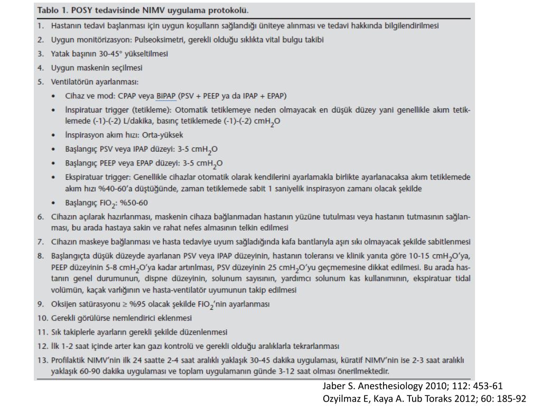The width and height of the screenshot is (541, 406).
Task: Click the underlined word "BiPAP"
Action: pyautogui.click(x=166, y=96)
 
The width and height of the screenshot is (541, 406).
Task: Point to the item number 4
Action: pyautogui.click(x=40, y=68)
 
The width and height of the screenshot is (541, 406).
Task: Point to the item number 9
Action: pyautogui.click(x=40, y=304)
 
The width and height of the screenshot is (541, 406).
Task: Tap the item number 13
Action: pyautogui.click(x=42, y=361)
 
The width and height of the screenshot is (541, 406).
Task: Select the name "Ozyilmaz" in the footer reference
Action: pyautogui.click(x=340, y=398)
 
